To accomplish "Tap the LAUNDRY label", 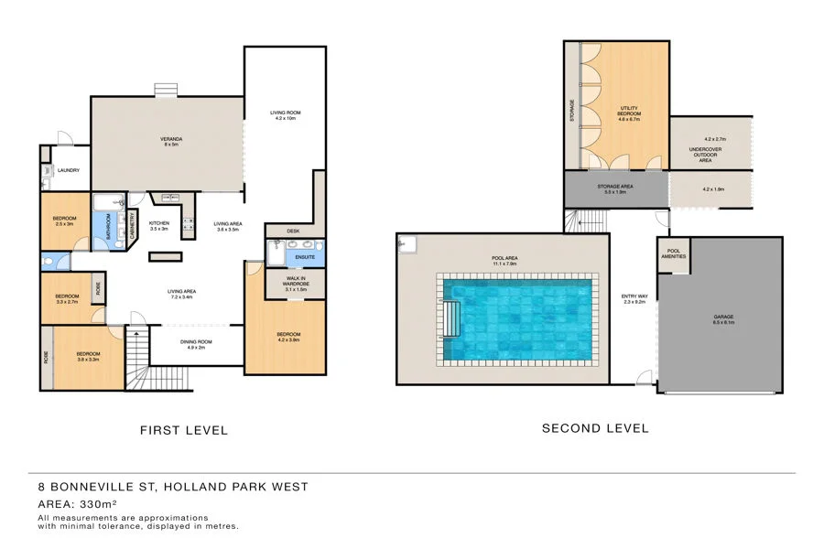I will click(x=69, y=170).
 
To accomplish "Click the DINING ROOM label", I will click(x=199, y=344).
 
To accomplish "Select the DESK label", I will click(x=293, y=231).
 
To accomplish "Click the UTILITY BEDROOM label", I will click(x=628, y=113).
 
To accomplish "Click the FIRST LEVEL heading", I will click(x=183, y=430).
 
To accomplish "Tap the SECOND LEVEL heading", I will click(x=594, y=428).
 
